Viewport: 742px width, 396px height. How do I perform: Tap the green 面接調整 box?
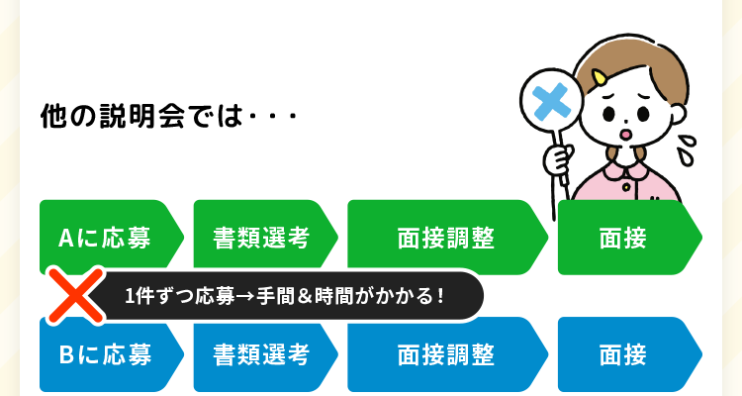pos(445,238)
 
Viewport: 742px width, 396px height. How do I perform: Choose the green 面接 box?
pos(625,238)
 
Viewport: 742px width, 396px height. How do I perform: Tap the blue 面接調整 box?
pos(445,354)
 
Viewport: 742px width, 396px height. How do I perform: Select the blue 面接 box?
pos(625,354)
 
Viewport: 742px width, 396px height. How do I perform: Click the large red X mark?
pos(76,295)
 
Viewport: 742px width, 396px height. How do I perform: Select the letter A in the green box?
pos(65,238)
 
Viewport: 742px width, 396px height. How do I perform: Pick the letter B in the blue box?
pos(65,354)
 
